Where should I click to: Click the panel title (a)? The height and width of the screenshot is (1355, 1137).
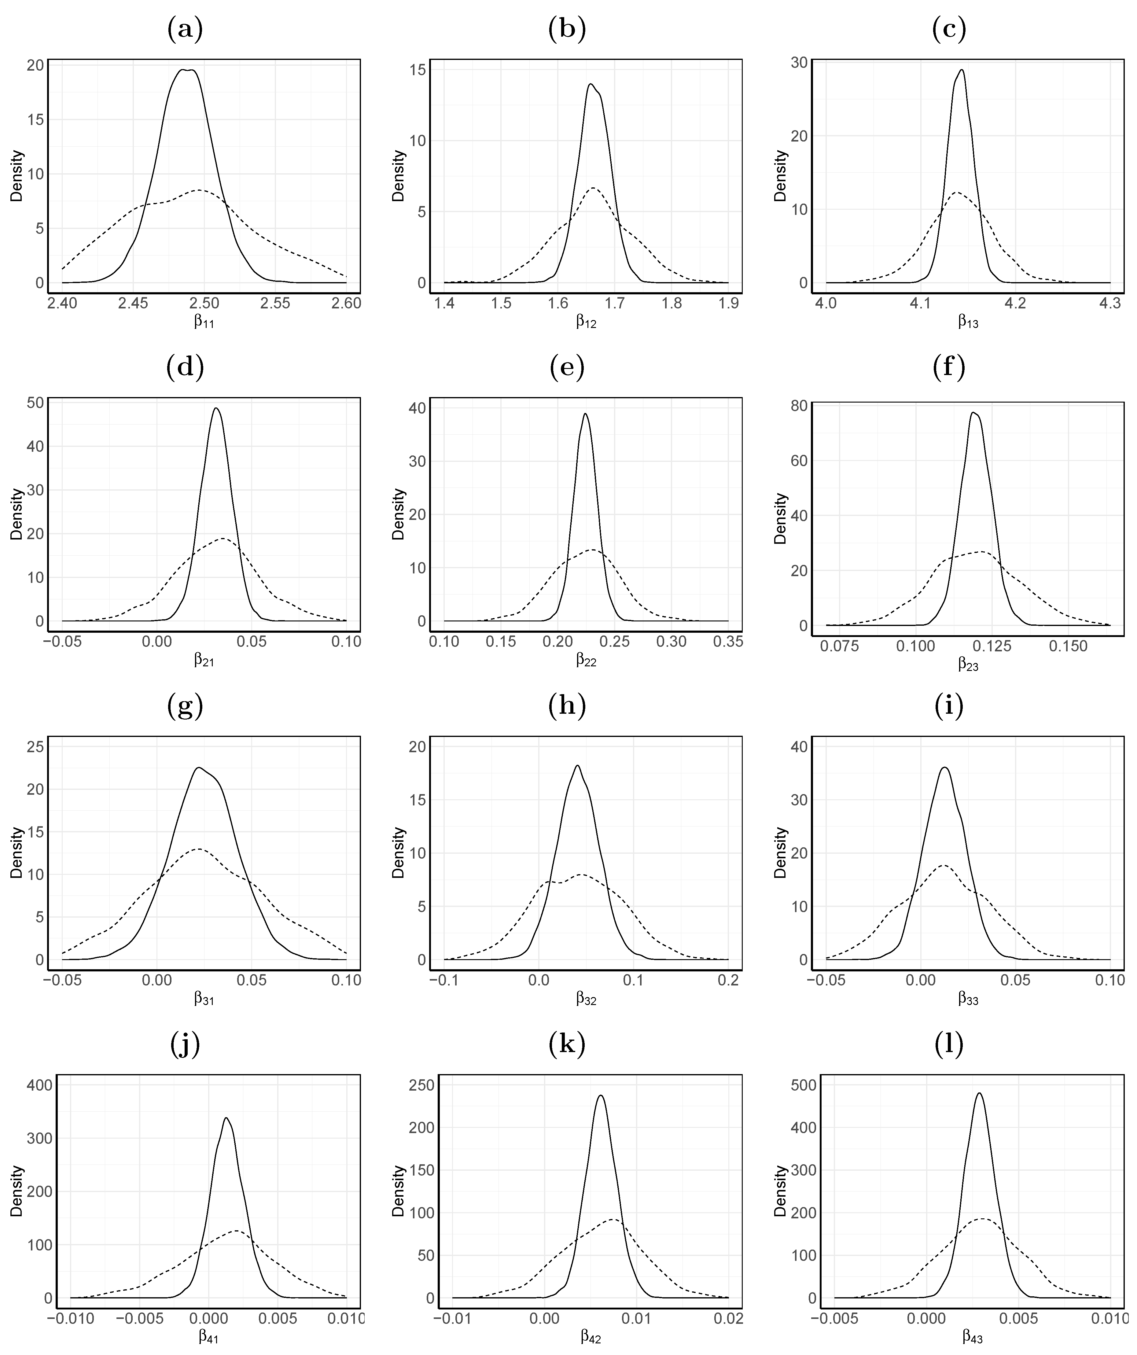pos(185,29)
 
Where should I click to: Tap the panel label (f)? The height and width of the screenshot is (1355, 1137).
pos(949,367)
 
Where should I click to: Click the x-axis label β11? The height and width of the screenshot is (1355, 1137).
pos(204,321)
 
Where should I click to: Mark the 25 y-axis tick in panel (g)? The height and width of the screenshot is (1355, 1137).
pos(35,746)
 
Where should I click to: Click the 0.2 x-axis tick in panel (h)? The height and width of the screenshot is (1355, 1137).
pos(729,980)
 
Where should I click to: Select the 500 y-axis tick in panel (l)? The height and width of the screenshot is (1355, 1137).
pos(803,1085)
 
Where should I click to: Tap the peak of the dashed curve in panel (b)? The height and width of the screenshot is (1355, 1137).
pos(592,188)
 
